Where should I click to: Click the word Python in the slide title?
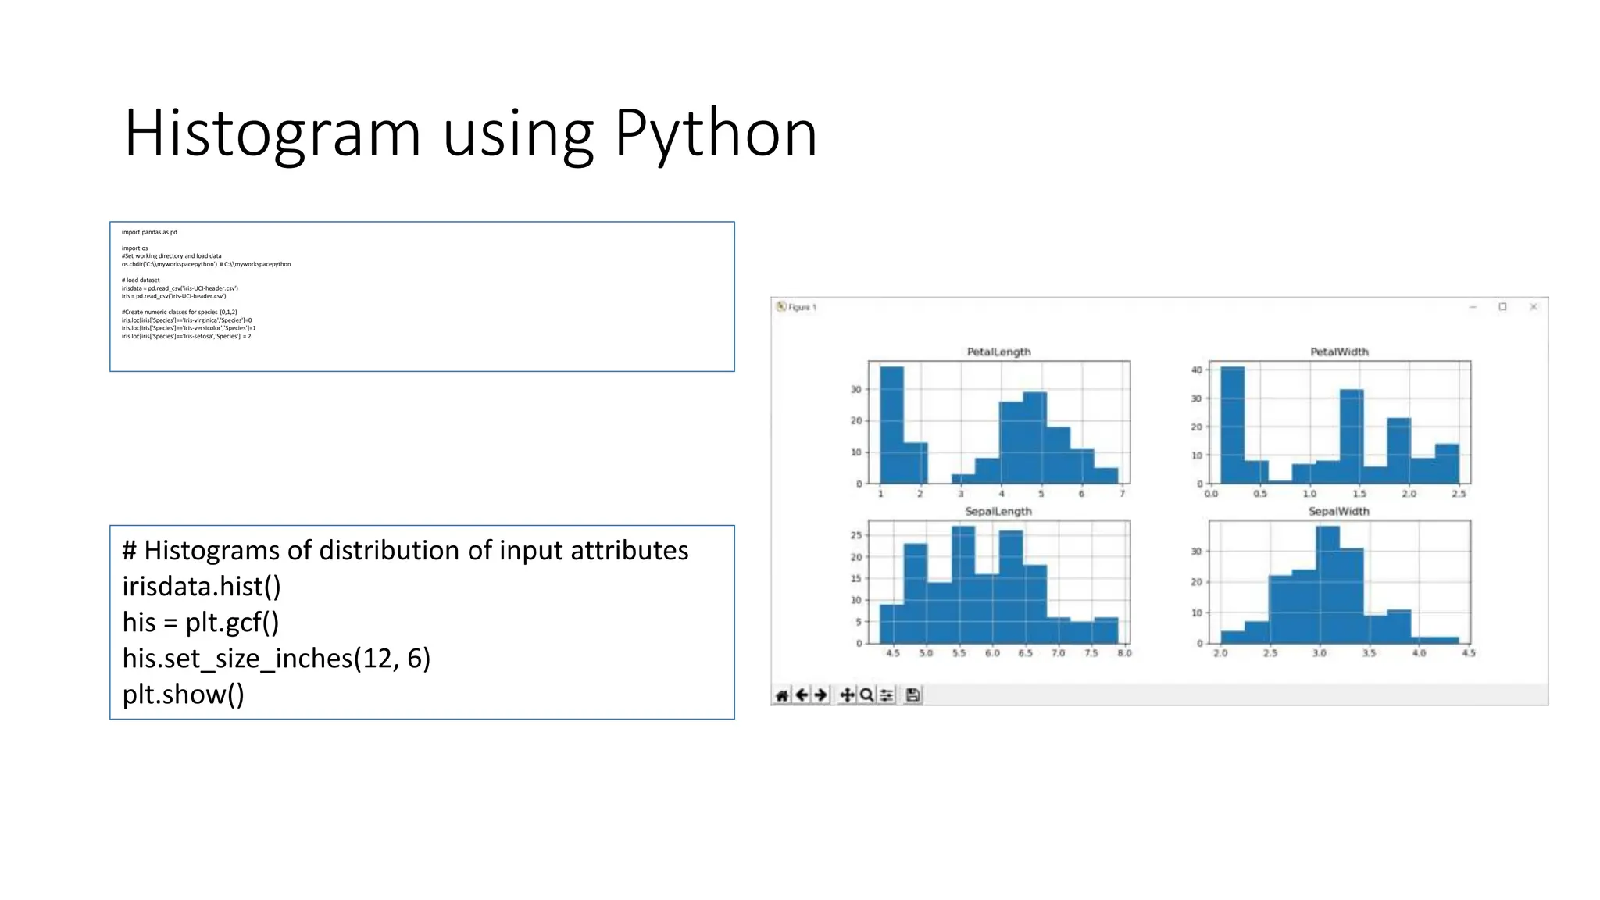pyautogui.click(x=715, y=134)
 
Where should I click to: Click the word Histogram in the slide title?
pyautogui.click(x=273, y=134)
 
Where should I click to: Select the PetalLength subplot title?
pyautogui.click(x=998, y=352)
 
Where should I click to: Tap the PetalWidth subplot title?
pyautogui.click(x=1339, y=352)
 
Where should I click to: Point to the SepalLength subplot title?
pyautogui.click(x=998, y=512)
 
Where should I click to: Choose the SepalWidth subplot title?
pyautogui.click(x=1338, y=512)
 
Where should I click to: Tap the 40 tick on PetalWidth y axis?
pyautogui.click(x=1196, y=370)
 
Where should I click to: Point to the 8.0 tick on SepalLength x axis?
pyautogui.click(x=1124, y=653)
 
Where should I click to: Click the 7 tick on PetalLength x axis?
pyautogui.click(x=1122, y=494)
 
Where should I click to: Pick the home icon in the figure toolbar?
pyautogui.click(x=782, y=695)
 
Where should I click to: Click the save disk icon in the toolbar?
pyautogui.click(x=912, y=695)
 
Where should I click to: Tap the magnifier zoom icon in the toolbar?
pyautogui.click(x=866, y=695)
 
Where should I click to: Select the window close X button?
pyautogui.click(x=1533, y=307)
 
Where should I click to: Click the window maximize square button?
pyautogui.click(x=1502, y=307)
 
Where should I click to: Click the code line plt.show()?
pyautogui.click(x=183, y=695)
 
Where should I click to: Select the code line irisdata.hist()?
pyautogui.click(x=202, y=587)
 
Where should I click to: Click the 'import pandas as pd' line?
pyautogui.click(x=149, y=232)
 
